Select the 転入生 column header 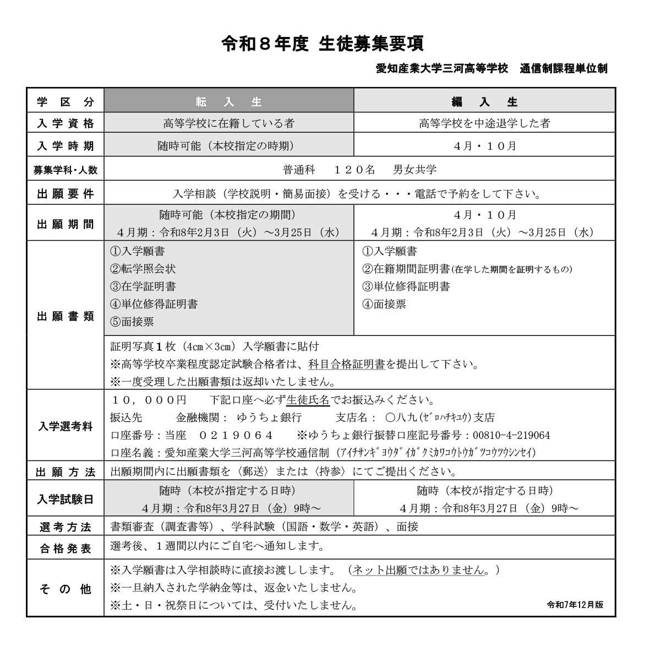[x=228, y=101]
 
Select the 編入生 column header [x=484, y=101]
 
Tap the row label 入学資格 [x=65, y=123]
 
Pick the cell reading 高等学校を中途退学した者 [x=484, y=123]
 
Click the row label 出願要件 [x=65, y=194]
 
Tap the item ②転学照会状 [x=143, y=269]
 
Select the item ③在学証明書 [x=143, y=286]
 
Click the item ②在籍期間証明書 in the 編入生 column [x=406, y=269]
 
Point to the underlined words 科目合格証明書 [x=346, y=364]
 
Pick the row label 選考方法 [x=65, y=527]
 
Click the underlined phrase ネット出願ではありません [x=420, y=569]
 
